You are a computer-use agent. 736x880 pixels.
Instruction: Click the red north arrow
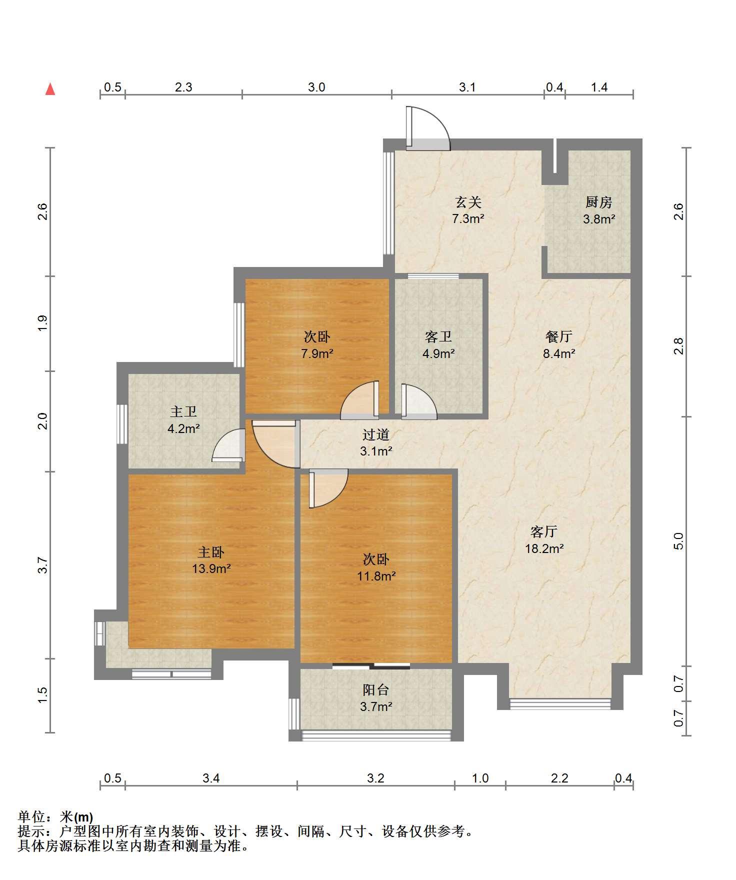click(x=50, y=89)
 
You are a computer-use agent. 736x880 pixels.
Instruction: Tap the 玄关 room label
click(x=468, y=202)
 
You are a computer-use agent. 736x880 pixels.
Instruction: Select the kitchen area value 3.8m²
click(x=599, y=219)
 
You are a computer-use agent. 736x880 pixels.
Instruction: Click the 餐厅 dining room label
click(x=559, y=336)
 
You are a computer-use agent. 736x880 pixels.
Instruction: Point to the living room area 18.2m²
click(x=544, y=548)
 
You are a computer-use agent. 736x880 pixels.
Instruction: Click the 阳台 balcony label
click(x=376, y=690)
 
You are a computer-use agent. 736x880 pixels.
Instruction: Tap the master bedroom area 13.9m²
click(x=211, y=568)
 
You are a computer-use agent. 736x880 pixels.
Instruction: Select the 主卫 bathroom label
click(x=183, y=411)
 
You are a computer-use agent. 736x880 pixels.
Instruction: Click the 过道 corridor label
click(x=376, y=434)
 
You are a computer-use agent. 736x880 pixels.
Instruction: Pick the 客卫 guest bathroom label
click(x=438, y=336)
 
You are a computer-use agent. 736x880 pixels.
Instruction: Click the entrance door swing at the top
click(x=428, y=128)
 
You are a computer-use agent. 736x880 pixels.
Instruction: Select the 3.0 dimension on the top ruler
click(x=316, y=87)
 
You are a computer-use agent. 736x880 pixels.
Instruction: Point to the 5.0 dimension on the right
click(x=678, y=541)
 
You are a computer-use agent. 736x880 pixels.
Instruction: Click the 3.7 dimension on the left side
click(x=43, y=565)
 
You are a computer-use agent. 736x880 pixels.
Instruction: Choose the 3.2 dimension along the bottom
click(x=375, y=778)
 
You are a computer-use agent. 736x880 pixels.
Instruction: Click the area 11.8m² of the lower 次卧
click(x=376, y=576)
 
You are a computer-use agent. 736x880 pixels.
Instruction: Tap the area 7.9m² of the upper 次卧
click(x=317, y=354)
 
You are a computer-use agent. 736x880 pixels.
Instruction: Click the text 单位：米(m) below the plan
click(x=55, y=817)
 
